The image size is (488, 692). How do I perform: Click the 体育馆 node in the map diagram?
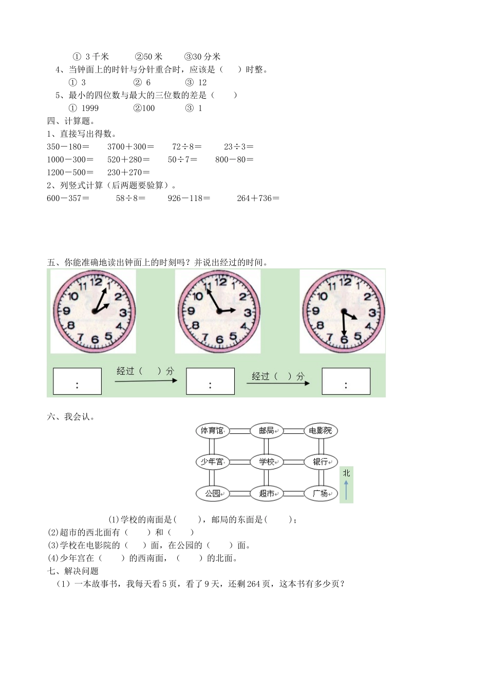pyautogui.click(x=212, y=431)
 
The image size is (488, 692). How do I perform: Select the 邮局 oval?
pyautogui.click(x=266, y=431)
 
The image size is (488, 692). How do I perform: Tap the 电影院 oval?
pyautogui.click(x=321, y=431)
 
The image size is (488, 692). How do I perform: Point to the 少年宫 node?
pyautogui.click(x=212, y=462)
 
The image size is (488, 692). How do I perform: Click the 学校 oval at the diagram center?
pyautogui.click(x=266, y=462)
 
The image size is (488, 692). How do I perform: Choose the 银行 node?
pyautogui.click(x=321, y=462)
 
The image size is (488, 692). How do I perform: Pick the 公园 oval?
pyautogui.click(x=212, y=494)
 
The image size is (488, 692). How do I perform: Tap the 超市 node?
pyautogui.click(x=266, y=494)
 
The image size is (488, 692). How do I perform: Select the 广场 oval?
pyautogui.click(x=321, y=494)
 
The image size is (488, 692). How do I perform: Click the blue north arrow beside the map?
pyautogui.click(x=346, y=490)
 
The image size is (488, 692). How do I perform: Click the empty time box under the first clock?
pyautogui.click(x=77, y=381)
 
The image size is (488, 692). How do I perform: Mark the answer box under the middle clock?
pyautogui.click(x=210, y=381)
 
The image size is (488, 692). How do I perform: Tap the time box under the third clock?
pyautogui.click(x=346, y=381)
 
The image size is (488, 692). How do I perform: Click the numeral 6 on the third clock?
pyautogui.click(x=344, y=339)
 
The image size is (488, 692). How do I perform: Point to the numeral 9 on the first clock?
pyautogui.click(x=66, y=311)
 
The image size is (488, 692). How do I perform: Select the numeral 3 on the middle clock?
pyautogui.click(x=248, y=312)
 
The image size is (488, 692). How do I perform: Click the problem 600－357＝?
pyautogui.click(x=68, y=198)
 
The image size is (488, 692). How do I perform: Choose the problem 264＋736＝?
pyautogui.click(x=258, y=198)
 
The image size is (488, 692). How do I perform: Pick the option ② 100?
pyautogui.click(x=144, y=108)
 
